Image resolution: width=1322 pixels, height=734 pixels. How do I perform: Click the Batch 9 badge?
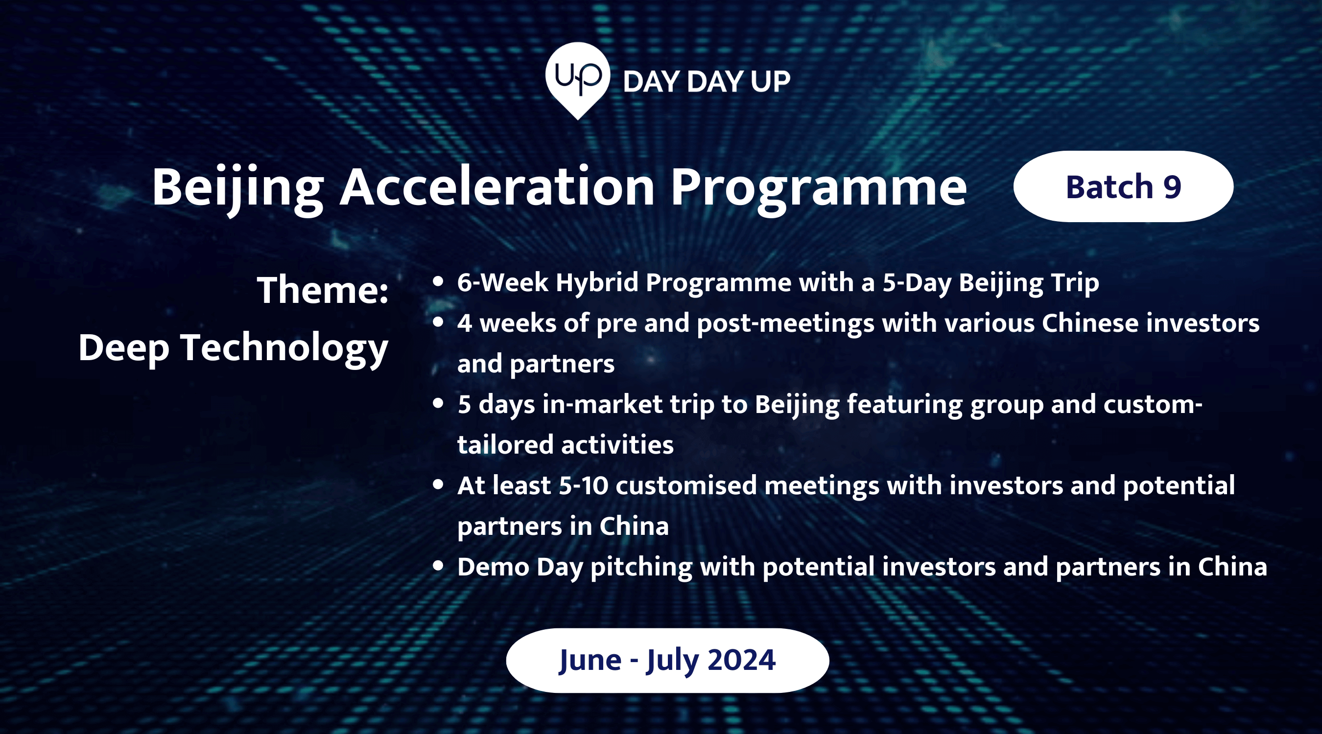[1123, 186]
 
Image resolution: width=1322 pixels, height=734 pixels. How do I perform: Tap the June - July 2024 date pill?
[667, 660]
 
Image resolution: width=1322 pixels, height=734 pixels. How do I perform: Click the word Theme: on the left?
[323, 290]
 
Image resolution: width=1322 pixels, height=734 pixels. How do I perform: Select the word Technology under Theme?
[284, 349]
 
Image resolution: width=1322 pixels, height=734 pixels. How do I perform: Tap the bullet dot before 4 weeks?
[438, 322]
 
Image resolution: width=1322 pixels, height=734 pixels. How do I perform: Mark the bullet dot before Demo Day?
[438, 566]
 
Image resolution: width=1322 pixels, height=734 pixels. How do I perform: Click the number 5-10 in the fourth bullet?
[583, 485]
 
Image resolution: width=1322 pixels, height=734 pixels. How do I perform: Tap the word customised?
[686, 485]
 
